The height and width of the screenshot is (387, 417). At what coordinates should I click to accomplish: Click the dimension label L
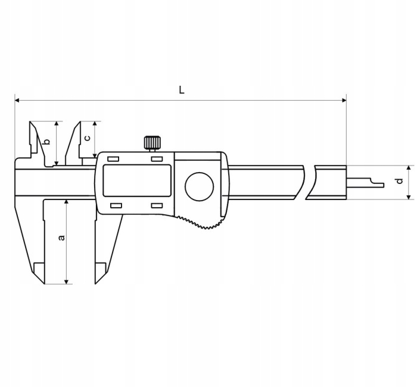182,90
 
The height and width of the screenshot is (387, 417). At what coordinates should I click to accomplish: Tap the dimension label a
61,238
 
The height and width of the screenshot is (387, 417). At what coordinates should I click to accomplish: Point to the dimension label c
87,138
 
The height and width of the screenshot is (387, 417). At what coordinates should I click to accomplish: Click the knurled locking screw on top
151,142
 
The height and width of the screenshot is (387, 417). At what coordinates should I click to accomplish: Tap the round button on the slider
199,187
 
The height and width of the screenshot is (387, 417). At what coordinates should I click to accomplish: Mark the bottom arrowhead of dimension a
66,280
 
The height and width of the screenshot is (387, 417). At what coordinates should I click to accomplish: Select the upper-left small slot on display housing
113,160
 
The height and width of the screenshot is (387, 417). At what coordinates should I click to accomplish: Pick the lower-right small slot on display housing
157,205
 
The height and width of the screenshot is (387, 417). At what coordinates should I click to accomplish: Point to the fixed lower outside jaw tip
38,275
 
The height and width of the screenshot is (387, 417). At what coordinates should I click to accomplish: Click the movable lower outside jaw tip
99,275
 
